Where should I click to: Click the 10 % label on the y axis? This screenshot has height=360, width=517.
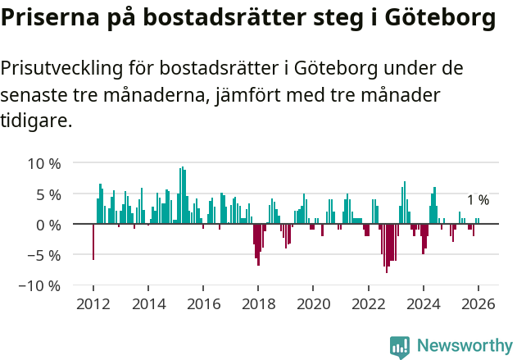coord(44,163)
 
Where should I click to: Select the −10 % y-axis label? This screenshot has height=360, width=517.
coord(41,285)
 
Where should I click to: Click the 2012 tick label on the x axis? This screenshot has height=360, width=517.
coord(93,304)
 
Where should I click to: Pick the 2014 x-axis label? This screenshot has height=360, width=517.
coord(147,304)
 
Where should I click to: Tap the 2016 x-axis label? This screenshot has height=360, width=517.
coord(202,304)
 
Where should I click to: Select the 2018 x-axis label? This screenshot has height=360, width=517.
coord(257,304)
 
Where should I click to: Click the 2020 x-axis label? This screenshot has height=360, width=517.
coord(312,304)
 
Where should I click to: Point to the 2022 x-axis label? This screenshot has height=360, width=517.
coord(367,304)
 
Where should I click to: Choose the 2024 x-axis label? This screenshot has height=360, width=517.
coord(423,304)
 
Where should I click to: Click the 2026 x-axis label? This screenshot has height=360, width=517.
coord(478,304)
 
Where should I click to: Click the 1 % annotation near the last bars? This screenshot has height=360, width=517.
coord(478,200)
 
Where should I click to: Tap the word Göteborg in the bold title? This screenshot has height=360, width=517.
coord(434,18)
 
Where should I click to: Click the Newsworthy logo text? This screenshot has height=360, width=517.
coord(464,346)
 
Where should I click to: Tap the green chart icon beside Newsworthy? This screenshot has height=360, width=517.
coord(400,347)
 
